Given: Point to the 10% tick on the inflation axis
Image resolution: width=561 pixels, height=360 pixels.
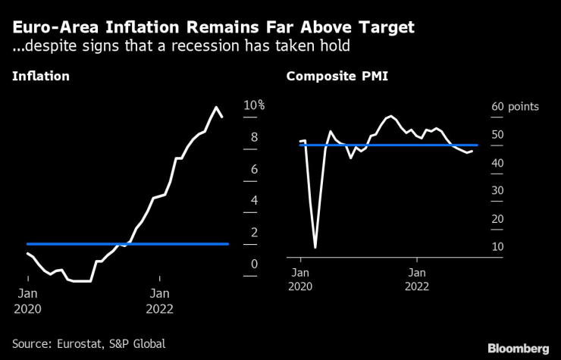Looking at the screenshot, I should click(253, 105).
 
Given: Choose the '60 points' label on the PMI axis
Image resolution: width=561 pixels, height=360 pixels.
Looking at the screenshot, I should click(513, 107).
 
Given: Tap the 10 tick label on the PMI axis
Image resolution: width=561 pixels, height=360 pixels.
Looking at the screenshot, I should click(497, 247).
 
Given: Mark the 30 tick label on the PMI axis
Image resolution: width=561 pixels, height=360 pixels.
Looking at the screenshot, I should click(497, 191).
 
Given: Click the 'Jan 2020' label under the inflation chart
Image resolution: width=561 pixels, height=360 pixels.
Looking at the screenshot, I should click(29, 300).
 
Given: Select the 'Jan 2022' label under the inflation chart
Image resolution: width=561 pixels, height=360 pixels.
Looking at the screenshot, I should click(159, 300).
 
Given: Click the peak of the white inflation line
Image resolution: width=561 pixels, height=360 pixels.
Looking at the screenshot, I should click(216, 107).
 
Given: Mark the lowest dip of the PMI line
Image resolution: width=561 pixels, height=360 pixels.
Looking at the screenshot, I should click(315, 247).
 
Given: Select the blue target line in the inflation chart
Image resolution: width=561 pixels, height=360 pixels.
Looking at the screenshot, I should click(127, 244).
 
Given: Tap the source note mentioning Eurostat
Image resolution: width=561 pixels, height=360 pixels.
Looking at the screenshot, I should click(89, 343).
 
